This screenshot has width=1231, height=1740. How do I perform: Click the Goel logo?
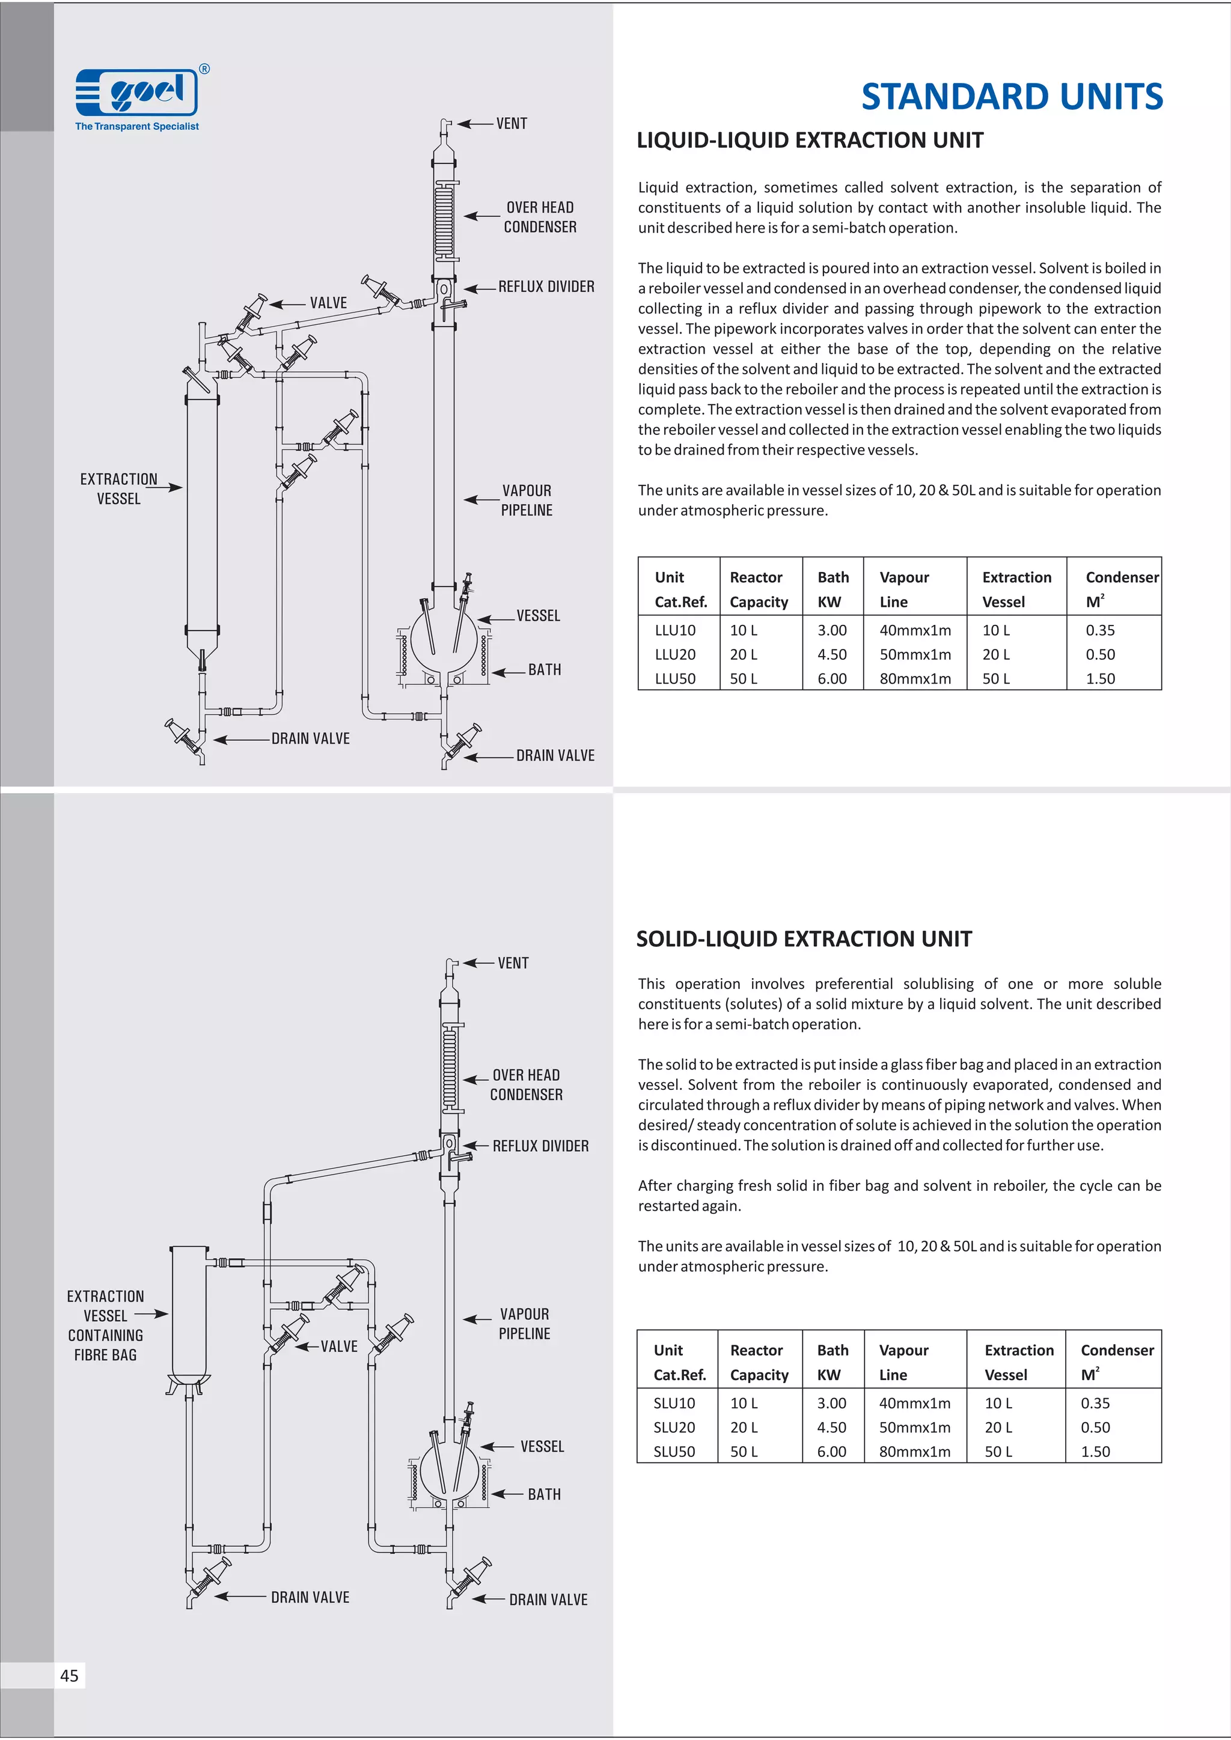click(x=137, y=93)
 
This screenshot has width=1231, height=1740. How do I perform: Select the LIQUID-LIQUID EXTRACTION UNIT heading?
click(x=810, y=140)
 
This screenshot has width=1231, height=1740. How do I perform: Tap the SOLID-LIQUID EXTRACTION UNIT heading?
click(x=804, y=939)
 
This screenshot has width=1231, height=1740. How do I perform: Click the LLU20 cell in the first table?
click(x=674, y=654)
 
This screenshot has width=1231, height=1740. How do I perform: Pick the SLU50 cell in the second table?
click(x=674, y=1451)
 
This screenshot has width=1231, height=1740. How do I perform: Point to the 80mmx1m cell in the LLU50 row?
click(x=915, y=678)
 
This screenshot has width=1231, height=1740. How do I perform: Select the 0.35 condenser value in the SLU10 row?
click(x=1095, y=1403)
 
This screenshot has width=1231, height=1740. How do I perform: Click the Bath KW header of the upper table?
click(x=832, y=589)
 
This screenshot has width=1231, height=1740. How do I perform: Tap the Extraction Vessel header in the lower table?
click(x=1018, y=1362)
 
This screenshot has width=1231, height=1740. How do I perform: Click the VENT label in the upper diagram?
click(x=512, y=124)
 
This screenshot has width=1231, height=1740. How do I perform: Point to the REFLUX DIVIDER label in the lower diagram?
click(x=540, y=1146)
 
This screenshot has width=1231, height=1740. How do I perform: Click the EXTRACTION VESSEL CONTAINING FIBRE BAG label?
click(x=105, y=1325)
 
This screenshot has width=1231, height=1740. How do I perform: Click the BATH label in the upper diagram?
click(x=544, y=670)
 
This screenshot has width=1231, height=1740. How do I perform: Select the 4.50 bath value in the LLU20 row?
click(x=831, y=654)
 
